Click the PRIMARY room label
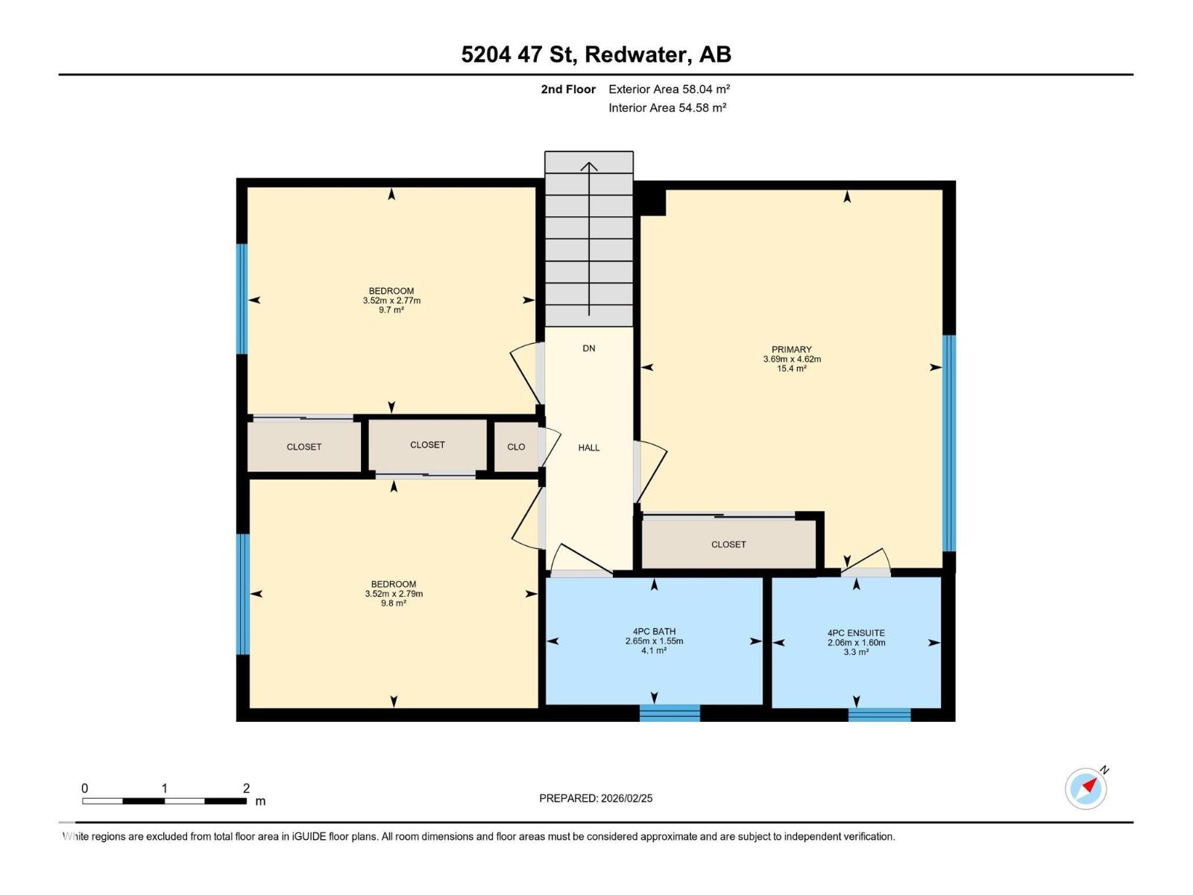click(x=791, y=349)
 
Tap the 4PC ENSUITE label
click(x=856, y=632)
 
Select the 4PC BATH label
click(x=654, y=631)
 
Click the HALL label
click(x=589, y=447)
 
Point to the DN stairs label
click(x=589, y=348)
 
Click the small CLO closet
click(x=516, y=447)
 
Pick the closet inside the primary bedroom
click(x=728, y=544)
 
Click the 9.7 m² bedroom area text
click(x=391, y=310)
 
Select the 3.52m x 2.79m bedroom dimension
click(x=394, y=594)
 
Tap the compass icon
click(x=1086, y=788)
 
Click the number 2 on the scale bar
click(x=246, y=788)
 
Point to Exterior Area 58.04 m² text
click(x=669, y=89)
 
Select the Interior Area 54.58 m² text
click(x=667, y=107)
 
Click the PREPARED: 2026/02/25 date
click(x=596, y=798)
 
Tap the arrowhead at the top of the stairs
click(x=589, y=166)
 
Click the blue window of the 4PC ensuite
click(x=879, y=715)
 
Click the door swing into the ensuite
click(x=869, y=561)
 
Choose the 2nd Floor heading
click(x=568, y=89)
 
